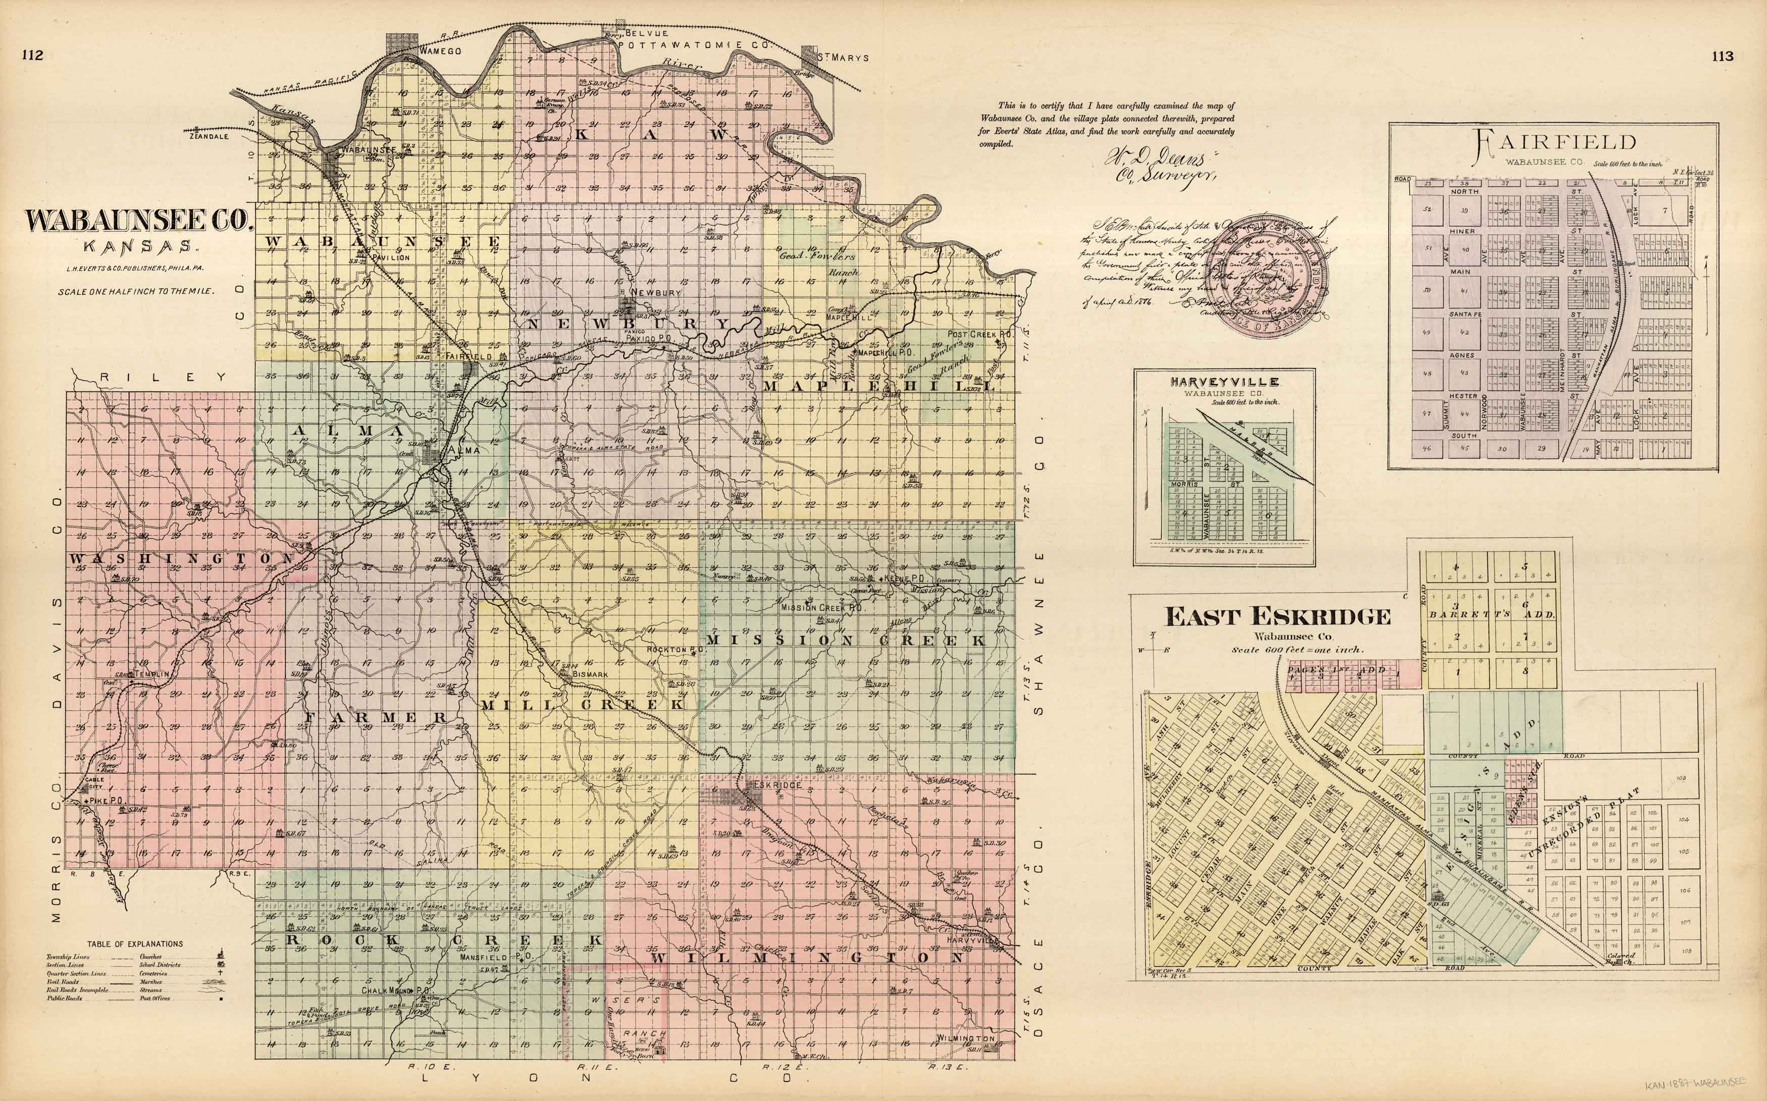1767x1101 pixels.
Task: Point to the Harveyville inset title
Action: [1223, 382]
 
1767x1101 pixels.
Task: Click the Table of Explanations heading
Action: [135, 943]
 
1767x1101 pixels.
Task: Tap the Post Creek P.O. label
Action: [980, 334]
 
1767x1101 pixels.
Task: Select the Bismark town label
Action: [590, 674]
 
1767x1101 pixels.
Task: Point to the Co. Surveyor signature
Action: [1159, 167]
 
